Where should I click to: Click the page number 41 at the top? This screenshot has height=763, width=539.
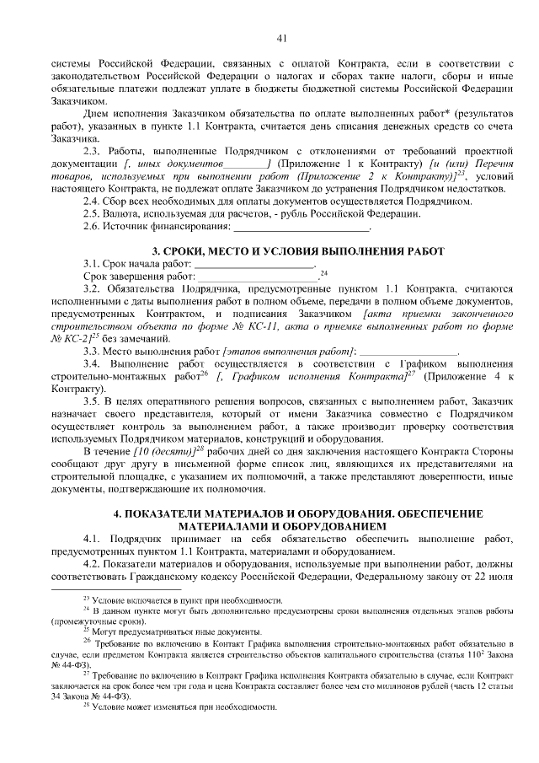coord(281,37)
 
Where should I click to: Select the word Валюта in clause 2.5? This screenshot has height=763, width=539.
coord(125,213)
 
